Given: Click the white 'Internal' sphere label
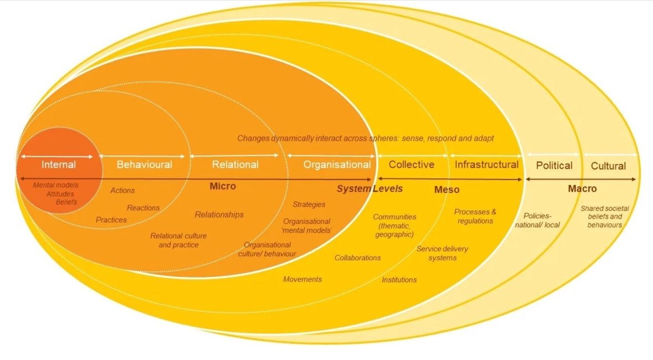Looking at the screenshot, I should click(x=59, y=164).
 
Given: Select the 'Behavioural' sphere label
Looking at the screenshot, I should click(x=144, y=164).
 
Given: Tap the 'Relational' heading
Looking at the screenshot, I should click(x=235, y=164).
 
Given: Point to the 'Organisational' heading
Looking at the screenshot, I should click(x=337, y=164).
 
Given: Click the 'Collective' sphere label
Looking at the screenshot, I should click(x=412, y=164).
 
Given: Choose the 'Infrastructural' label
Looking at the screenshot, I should click(x=486, y=164).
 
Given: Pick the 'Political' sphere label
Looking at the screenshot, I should click(x=554, y=166).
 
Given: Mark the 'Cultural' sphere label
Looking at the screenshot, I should click(x=608, y=166).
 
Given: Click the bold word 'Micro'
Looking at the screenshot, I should click(x=223, y=186).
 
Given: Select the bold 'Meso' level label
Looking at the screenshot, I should click(x=446, y=190).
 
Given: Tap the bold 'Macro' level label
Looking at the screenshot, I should click(x=582, y=189).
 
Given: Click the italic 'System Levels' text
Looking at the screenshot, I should click(x=369, y=189).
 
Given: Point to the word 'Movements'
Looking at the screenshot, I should click(x=302, y=279).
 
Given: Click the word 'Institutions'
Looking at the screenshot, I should click(x=399, y=280).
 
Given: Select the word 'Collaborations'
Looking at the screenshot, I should click(x=358, y=258).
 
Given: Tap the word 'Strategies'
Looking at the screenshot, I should click(x=309, y=204).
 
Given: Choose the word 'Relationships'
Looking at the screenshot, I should click(x=219, y=214).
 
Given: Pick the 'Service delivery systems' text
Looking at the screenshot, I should click(x=442, y=253).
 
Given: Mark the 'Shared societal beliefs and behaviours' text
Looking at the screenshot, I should click(x=605, y=217).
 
